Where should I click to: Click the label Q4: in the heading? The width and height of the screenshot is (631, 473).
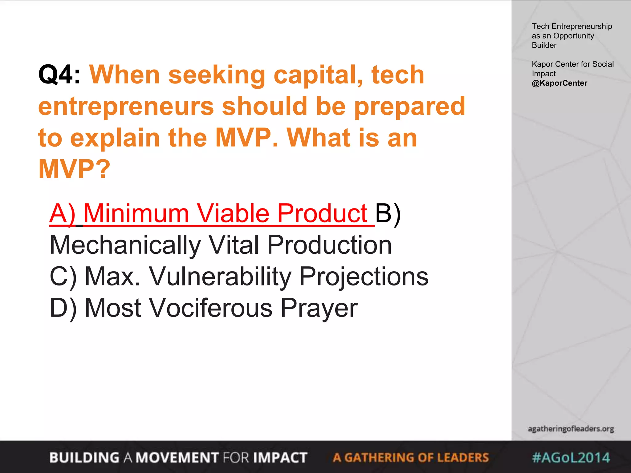point(59,75)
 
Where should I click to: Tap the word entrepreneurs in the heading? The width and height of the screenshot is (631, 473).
point(126,106)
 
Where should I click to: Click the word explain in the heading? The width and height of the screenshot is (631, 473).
point(115,138)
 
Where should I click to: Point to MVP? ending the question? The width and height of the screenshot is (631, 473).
point(74,169)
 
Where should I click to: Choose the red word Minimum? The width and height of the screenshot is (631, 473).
point(136,213)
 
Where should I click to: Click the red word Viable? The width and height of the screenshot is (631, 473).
point(233,213)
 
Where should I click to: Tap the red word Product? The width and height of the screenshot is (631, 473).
point(322,213)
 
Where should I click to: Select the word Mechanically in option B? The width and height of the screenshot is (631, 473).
point(125,245)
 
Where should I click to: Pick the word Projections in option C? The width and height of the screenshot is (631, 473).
point(364,277)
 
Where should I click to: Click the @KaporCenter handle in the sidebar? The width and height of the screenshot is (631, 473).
point(559,83)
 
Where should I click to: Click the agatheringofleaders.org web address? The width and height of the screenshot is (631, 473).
point(571,429)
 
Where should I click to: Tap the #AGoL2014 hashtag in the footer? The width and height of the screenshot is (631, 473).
point(571,458)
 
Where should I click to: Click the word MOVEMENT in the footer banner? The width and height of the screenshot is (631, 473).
point(177,458)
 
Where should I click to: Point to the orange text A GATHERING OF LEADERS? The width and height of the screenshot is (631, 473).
point(410,458)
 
